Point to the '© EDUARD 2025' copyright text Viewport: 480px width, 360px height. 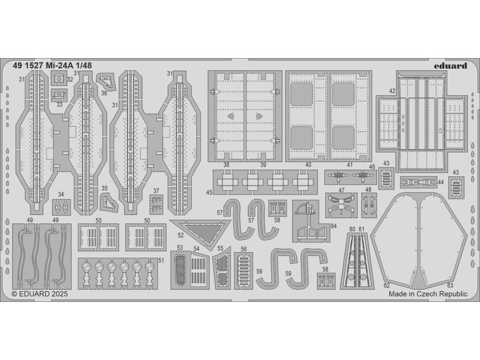pyautogui.click(x=39, y=294)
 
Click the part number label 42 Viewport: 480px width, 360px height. pyautogui.click(x=392, y=91)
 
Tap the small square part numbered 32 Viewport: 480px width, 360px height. pyautogui.click(x=58, y=79)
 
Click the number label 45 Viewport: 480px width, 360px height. pyautogui.click(x=209, y=192)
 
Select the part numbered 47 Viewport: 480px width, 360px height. pyautogui.click(x=341, y=205)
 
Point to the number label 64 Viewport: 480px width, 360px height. pyautogui.click(x=333, y=226)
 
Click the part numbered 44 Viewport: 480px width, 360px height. pyautogui.click(x=415, y=181)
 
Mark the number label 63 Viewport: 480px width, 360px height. pyautogui.click(x=450, y=285)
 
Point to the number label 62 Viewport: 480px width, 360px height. pyautogui.click(x=387, y=285)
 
